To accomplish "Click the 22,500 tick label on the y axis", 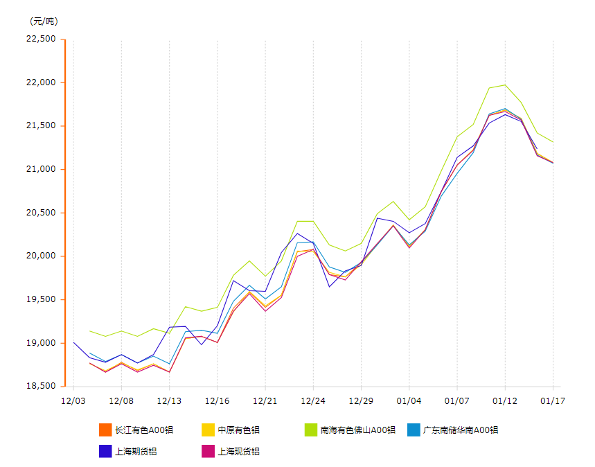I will point(40,39).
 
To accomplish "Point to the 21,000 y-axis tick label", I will point(40,169).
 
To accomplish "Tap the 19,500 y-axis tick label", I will point(40,299).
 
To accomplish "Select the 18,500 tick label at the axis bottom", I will point(40,386).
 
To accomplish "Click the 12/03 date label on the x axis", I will point(73,400).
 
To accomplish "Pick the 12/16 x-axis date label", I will point(217,400).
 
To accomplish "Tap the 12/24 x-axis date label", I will point(313,400).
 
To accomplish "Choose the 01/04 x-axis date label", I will point(409,400).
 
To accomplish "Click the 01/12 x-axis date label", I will point(505,400).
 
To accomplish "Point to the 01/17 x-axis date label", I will point(553,400).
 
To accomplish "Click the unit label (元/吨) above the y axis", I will point(43,21).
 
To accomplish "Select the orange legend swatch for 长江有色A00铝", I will point(105,430).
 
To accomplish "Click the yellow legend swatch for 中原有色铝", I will point(208,430).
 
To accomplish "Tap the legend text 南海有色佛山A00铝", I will point(357,430).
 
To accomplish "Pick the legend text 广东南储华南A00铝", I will point(460,430).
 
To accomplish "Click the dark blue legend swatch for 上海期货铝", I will point(105,451).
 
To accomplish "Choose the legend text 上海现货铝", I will point(238,451).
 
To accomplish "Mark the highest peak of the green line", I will point(505,85).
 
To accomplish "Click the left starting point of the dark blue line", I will point(73,342).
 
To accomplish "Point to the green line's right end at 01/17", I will point(553,142).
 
